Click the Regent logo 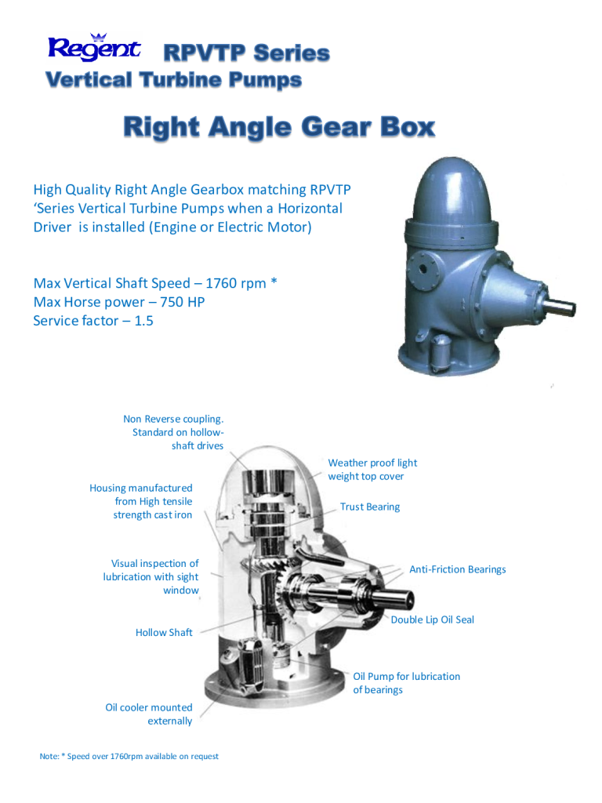point(94,49)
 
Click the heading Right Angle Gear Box point(278,127)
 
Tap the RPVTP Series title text point(246,53)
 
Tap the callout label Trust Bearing point(370,507)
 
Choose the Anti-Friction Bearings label point(458,569)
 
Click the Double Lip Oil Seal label point(433,620)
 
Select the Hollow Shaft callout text point(164,632)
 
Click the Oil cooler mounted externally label point(149,714)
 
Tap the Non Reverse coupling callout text point(173,432)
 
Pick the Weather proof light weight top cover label point(372,470)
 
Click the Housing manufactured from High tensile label point(141,501)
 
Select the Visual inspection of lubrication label point(151,576)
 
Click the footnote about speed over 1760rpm point(129,757)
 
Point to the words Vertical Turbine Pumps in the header point(173,81)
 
